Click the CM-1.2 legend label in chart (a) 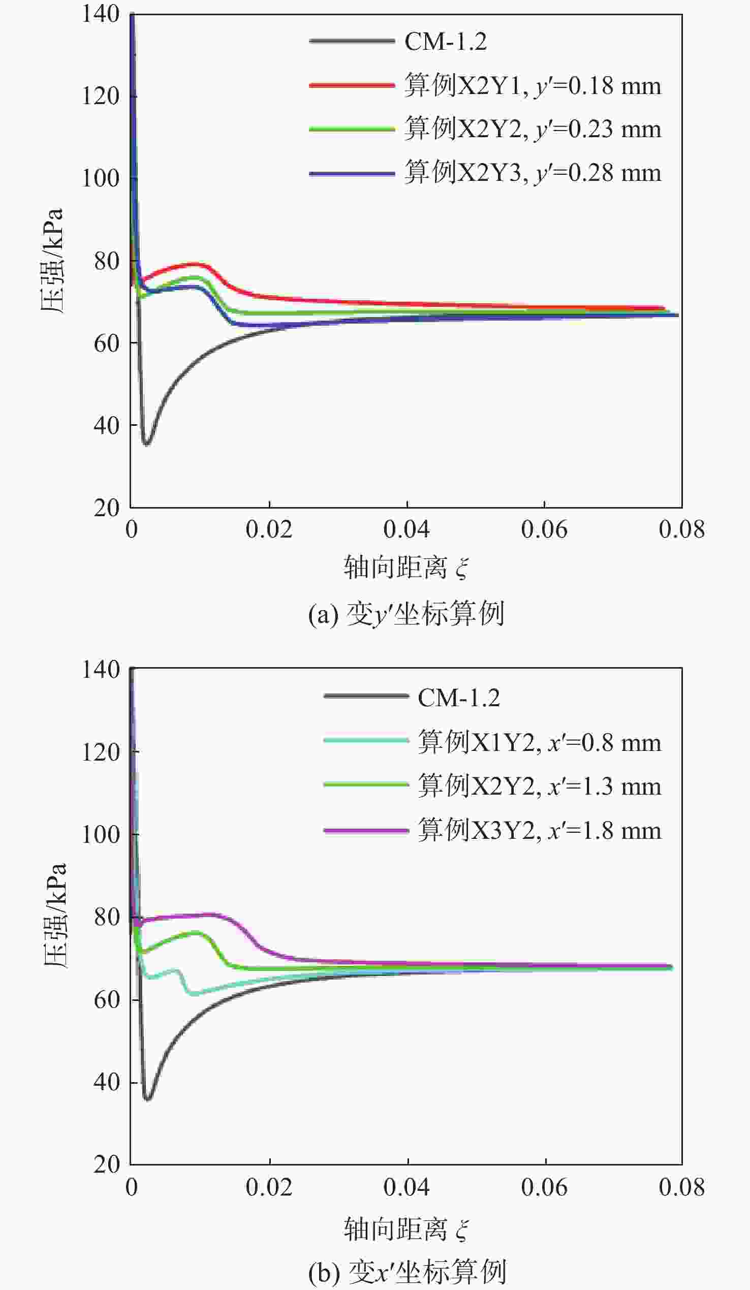pos(446,42)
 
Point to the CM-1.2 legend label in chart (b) pos(459,698)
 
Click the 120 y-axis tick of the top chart pos(101,96)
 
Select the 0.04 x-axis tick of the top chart pos(407,529)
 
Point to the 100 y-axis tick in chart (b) pos(101,835)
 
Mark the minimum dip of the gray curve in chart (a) pos(147,444)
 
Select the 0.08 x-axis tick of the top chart pos(681,529)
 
